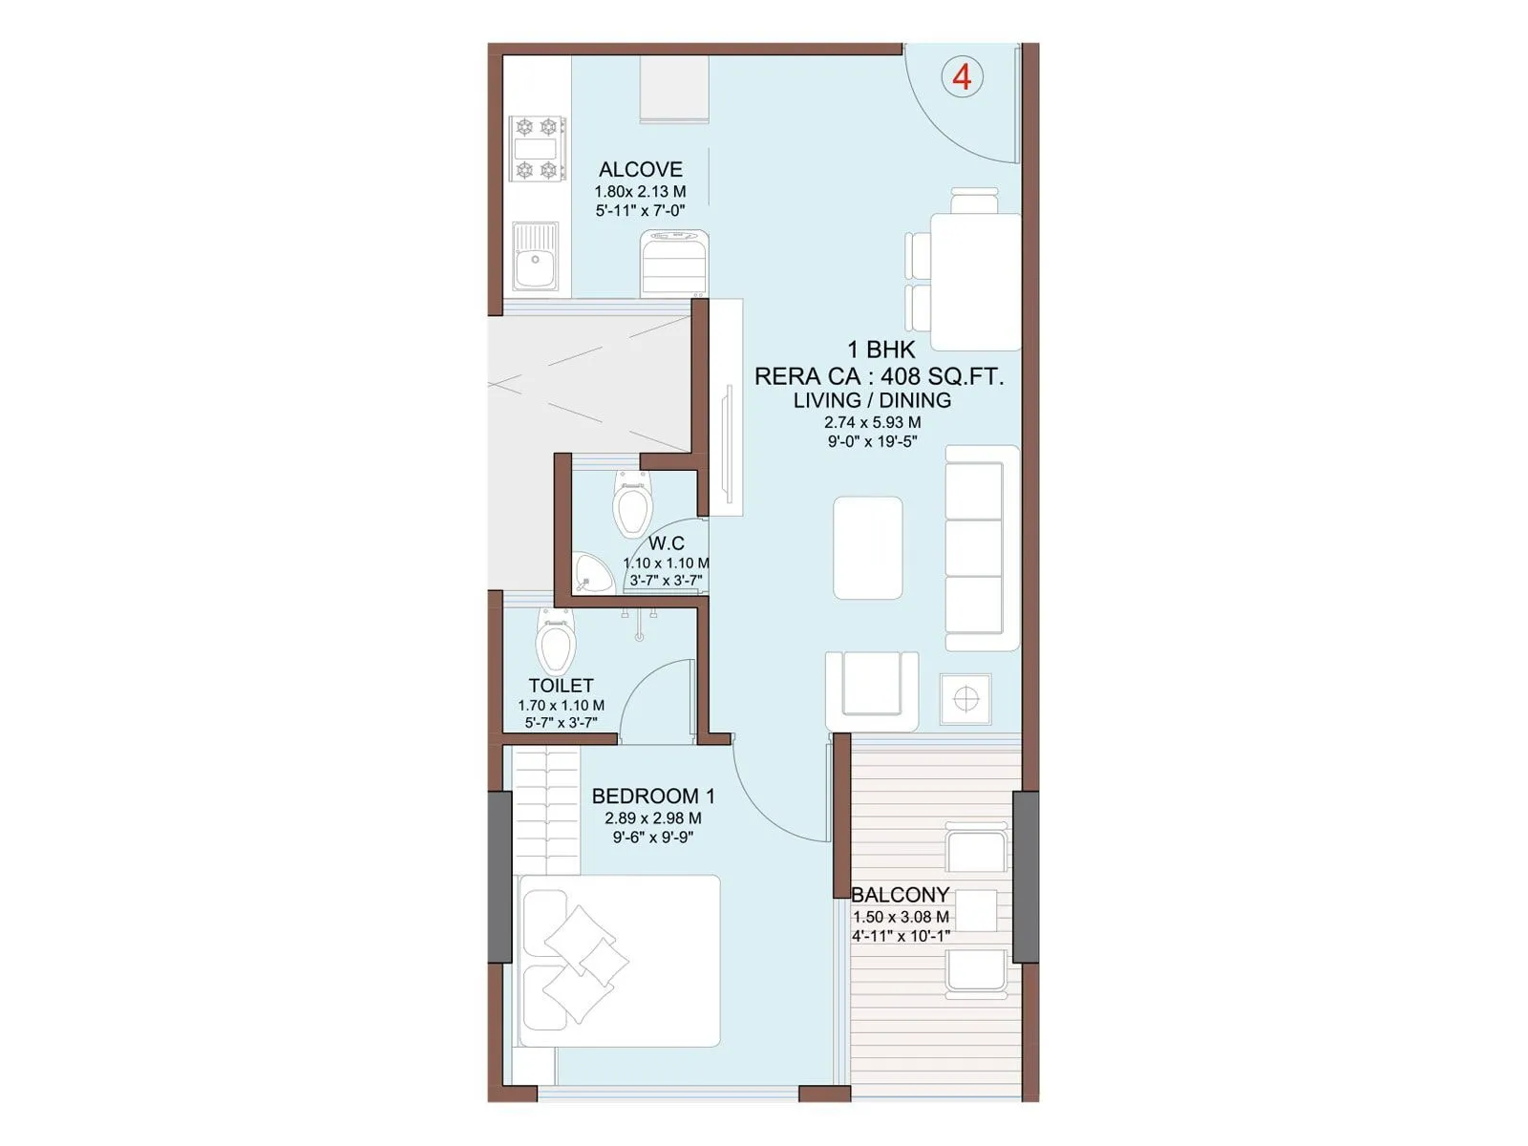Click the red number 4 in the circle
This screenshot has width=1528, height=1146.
click(962, 76)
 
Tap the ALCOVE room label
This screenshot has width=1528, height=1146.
click(640, 170)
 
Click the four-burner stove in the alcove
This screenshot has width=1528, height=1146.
click(537, 149)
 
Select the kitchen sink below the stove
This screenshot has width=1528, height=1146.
click(536, 257)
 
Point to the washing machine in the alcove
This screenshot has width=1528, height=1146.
click(674, 265)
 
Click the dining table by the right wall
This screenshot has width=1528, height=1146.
click(975, 281)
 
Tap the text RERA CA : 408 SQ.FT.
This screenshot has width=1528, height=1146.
click(879, 376)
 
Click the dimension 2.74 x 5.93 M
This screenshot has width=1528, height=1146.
click(872, 422)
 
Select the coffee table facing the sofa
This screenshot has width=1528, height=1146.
click(867, 548)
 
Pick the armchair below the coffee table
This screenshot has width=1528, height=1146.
click(871, 690)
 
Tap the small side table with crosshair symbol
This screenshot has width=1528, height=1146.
click(966, 699)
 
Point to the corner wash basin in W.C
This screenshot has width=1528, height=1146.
click(592, 574)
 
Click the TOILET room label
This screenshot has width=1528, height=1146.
click(561, 686)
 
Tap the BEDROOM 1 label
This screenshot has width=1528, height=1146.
click(652, 796)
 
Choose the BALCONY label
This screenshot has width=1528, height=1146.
click(900, 895)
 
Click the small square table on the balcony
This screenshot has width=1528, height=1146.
click(975, 910)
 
